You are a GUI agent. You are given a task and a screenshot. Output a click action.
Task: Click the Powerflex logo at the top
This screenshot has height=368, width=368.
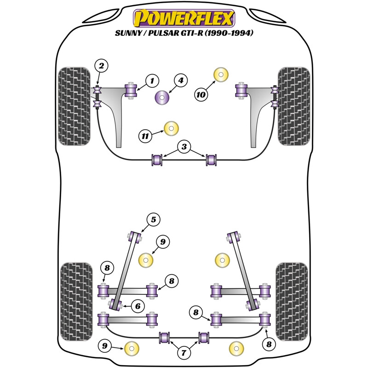coord(184,18)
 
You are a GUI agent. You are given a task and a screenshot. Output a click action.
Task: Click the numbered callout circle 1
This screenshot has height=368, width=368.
coord(152,81)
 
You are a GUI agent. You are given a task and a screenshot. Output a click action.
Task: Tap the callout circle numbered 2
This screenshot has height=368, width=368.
coord(101,66)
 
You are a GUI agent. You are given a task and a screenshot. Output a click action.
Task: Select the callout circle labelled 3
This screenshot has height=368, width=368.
coord(184,147)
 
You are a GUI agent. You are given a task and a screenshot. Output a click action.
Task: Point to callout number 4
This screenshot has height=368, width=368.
coord(181,81)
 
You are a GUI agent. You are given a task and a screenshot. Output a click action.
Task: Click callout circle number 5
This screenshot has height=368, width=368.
coord(153,220)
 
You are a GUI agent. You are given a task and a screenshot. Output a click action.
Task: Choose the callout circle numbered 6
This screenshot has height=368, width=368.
coord(138,306)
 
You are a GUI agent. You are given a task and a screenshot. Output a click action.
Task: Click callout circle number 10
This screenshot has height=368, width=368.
coord(201,95)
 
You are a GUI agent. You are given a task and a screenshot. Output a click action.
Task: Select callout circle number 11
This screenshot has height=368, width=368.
coord(145,136)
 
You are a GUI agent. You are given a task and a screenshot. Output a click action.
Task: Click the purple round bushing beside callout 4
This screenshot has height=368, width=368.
coord(162,97)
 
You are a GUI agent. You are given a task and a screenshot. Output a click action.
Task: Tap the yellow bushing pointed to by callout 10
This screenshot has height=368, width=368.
coord(221,75)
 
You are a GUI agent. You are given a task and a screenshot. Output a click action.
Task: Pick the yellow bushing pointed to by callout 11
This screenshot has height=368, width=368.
coord(171,128)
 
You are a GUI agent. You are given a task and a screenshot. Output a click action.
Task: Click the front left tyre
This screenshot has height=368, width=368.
coord(74,106)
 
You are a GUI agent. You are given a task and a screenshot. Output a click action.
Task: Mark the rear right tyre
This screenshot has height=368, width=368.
coord(292,302)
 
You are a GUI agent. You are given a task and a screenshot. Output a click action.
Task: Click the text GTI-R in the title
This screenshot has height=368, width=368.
coord(192,33)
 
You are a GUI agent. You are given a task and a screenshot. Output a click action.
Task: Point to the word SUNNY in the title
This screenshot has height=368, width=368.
coord(128,33)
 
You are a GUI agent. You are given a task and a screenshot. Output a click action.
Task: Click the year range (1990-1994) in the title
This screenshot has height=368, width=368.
coord(229,33)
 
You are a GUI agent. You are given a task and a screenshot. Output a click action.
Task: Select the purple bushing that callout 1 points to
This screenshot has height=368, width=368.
coord(131,91)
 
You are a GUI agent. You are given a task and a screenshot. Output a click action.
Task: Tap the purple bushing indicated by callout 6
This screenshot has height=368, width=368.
coord(115,304)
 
